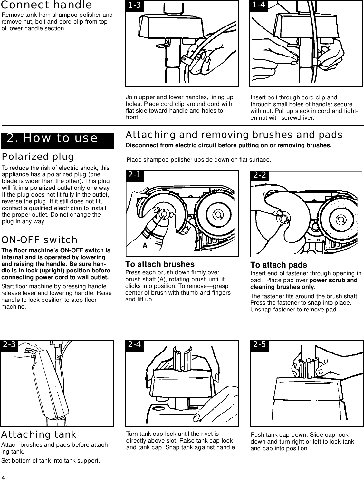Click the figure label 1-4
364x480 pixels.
pyautogui.click(x=259, y=5)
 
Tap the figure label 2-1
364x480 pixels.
pyautogui.click(x=134, y=175)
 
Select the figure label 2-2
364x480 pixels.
pyautogui.click(x=260, y=175)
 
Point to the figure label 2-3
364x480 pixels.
pyautogui.click(x=9, y=345)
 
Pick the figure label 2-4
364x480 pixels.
pyautogui.click(x=135, y=345)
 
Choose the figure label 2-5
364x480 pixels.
pyautogui.click(x=260, y=345)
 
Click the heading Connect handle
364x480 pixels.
pyautogui.click(x=47, y=5)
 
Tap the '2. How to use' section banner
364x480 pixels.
pyautogui.click(x=52, y=138)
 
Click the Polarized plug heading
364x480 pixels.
pyautogui.click(x=38, y=157)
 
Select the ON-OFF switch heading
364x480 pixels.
pyautogui.click(x=40, y=240)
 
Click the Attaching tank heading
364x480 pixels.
pyautogui.click(x=39, y=434)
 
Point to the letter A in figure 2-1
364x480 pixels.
pyautogui.click(x=145, y=245)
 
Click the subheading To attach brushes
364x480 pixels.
pyautogui.click(x=160, y=264)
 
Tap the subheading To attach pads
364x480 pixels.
pyautogui.click(x=279, y=265)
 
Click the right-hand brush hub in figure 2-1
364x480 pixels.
pyautogui.click(x=218, y=215)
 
